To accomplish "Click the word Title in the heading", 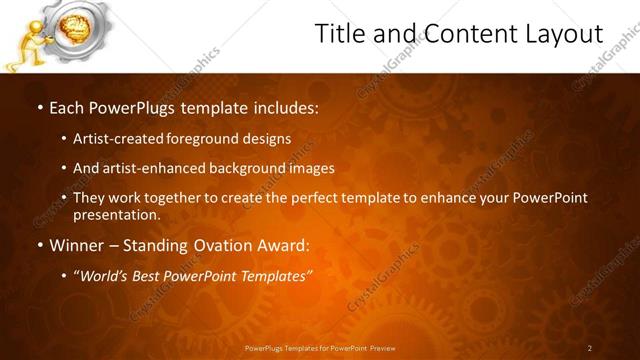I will (x=341, y=34).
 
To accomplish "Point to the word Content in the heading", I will (x=463, y=34).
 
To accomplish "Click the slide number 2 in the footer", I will (x=590, y=348).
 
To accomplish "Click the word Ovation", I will (x=225, y=245).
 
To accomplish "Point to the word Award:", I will (x=284, y=245).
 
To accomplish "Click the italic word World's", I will (x=102, y=276).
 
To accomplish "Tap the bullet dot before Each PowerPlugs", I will (x=39, y=106).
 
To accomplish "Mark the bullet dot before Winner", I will (x=39, y=245).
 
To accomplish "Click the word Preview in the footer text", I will (x=382, y=348).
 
